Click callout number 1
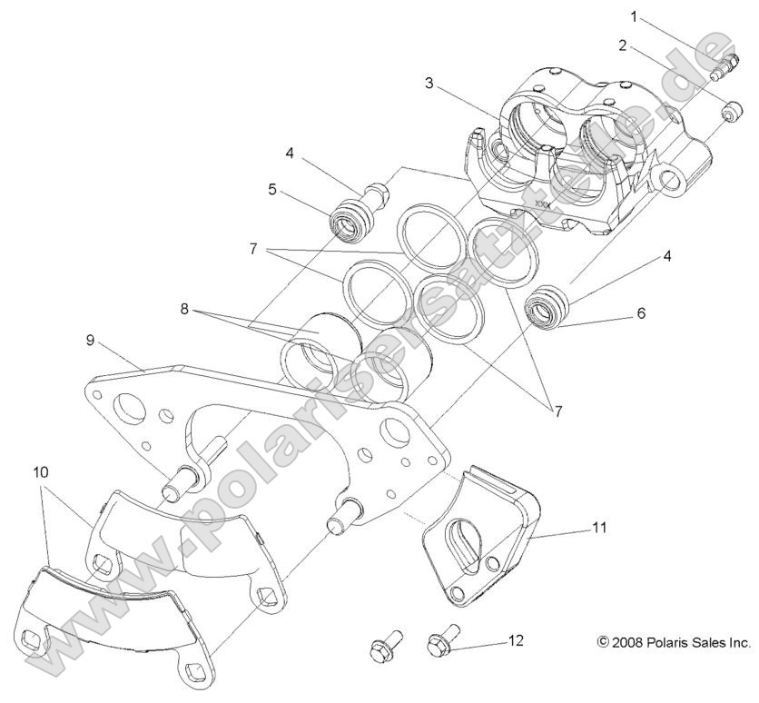635,16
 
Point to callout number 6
641,313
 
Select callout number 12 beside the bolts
516,640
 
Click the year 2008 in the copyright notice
629,642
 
